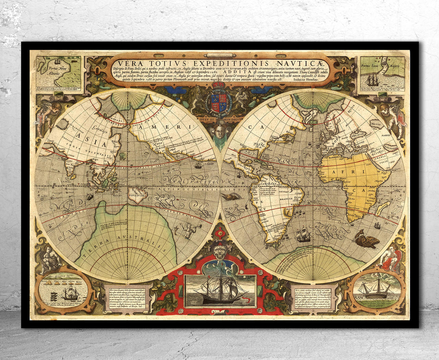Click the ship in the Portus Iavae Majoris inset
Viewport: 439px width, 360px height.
coord(376,81)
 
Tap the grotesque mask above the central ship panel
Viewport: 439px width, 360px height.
coord(219,255)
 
